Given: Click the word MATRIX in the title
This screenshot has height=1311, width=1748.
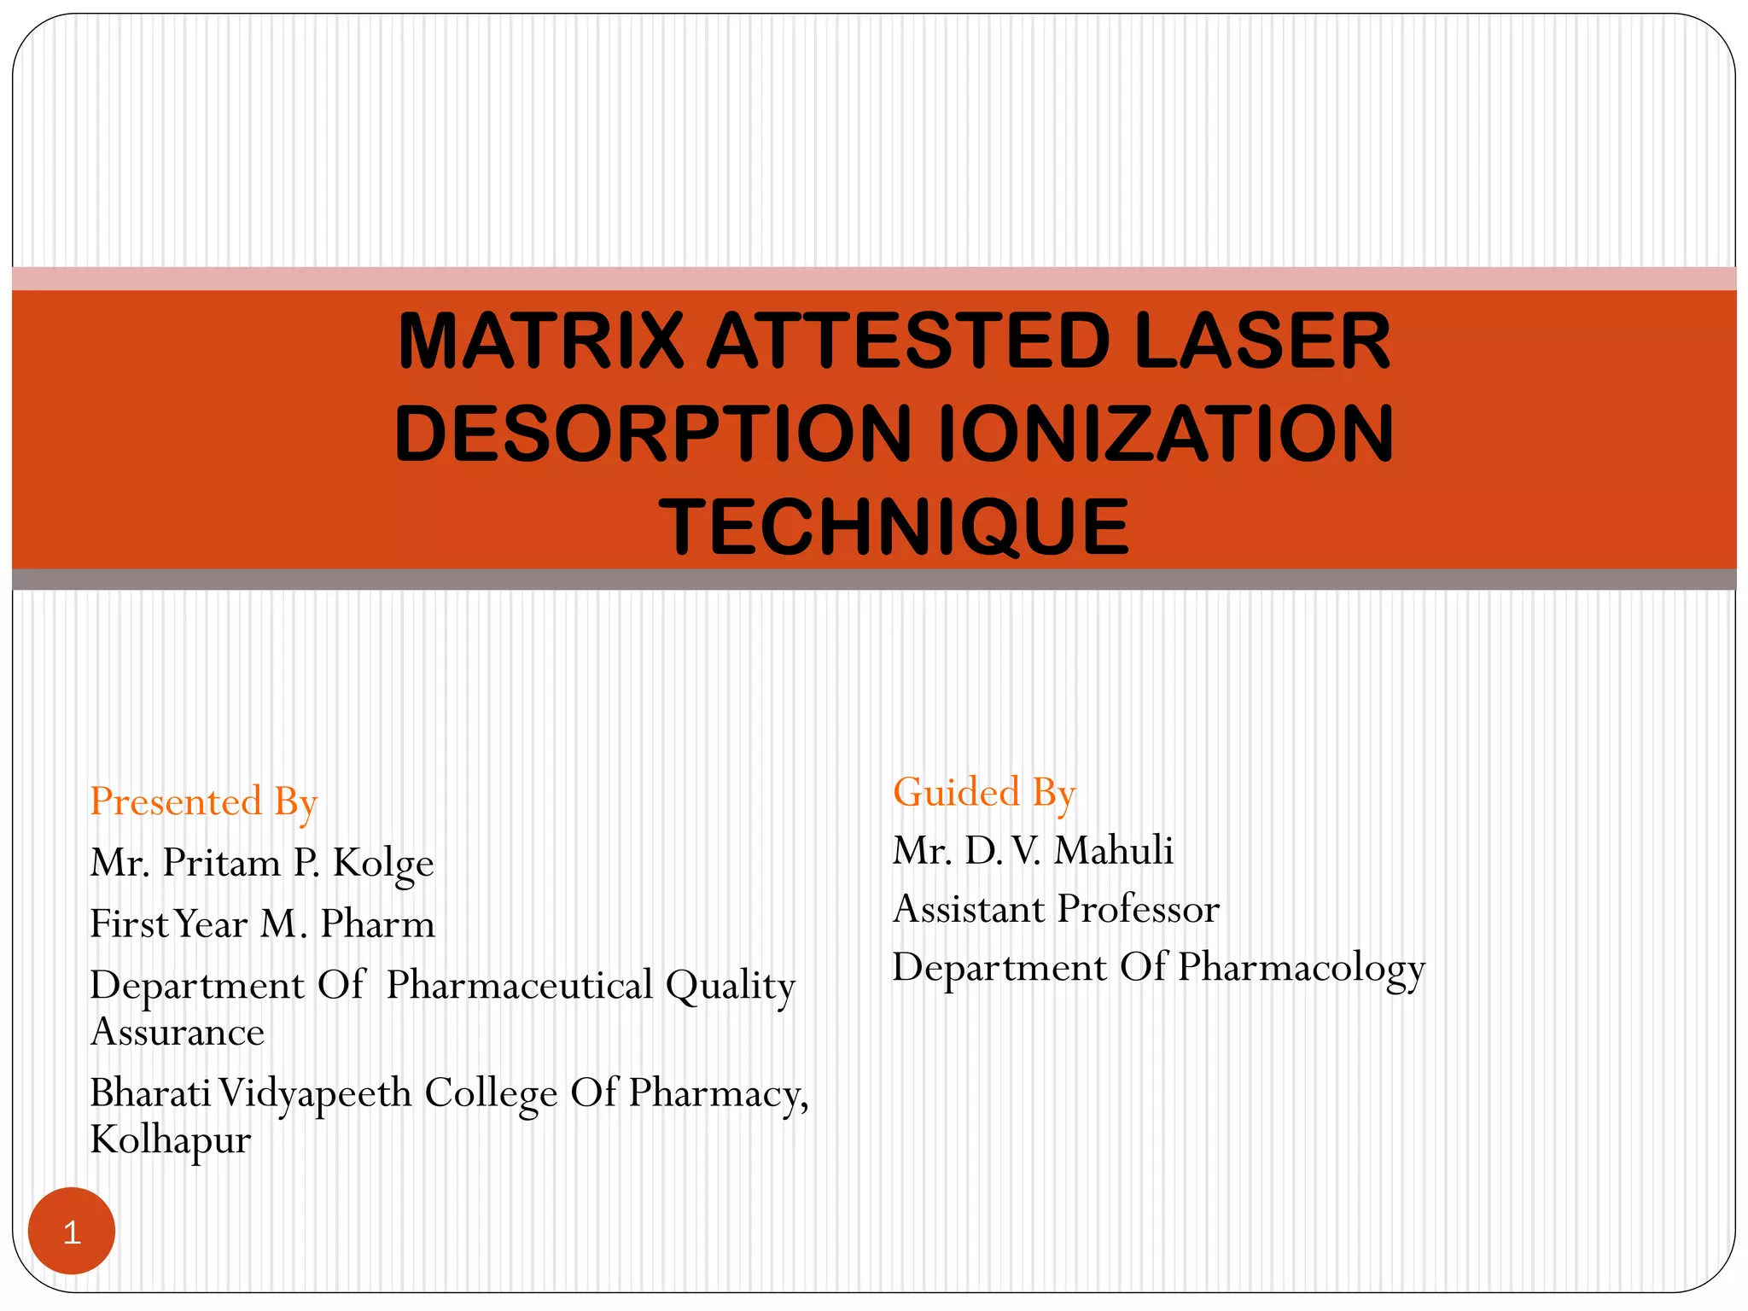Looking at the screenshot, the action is (541, 341).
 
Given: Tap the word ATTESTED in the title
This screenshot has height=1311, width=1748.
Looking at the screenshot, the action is (909, 341).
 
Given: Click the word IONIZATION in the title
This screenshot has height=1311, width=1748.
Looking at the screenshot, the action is (1165, 434).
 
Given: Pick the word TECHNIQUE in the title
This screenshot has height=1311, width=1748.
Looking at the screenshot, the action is (894, 527).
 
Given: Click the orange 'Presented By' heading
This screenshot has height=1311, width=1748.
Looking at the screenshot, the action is (204, 803).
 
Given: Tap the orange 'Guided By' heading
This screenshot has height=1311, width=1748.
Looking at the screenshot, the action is (984, 793).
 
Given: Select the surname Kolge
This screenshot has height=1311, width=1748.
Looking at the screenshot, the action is (383, 864).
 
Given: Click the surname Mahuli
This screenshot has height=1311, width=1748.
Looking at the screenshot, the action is (1114, 851).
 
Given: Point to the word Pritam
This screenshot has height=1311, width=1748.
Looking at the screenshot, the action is (222, 863).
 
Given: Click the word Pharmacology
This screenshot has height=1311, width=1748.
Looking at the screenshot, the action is (1302, 970).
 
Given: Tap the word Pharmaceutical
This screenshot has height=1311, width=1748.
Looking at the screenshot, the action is (520, 985).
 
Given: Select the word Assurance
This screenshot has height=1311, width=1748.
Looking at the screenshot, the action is (178, 1033).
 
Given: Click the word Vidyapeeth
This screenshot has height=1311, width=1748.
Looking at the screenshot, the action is (315, 1095).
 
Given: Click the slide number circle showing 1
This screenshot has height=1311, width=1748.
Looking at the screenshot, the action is (72, 1232).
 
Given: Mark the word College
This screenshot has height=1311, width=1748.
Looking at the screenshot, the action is (491, 1095).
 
